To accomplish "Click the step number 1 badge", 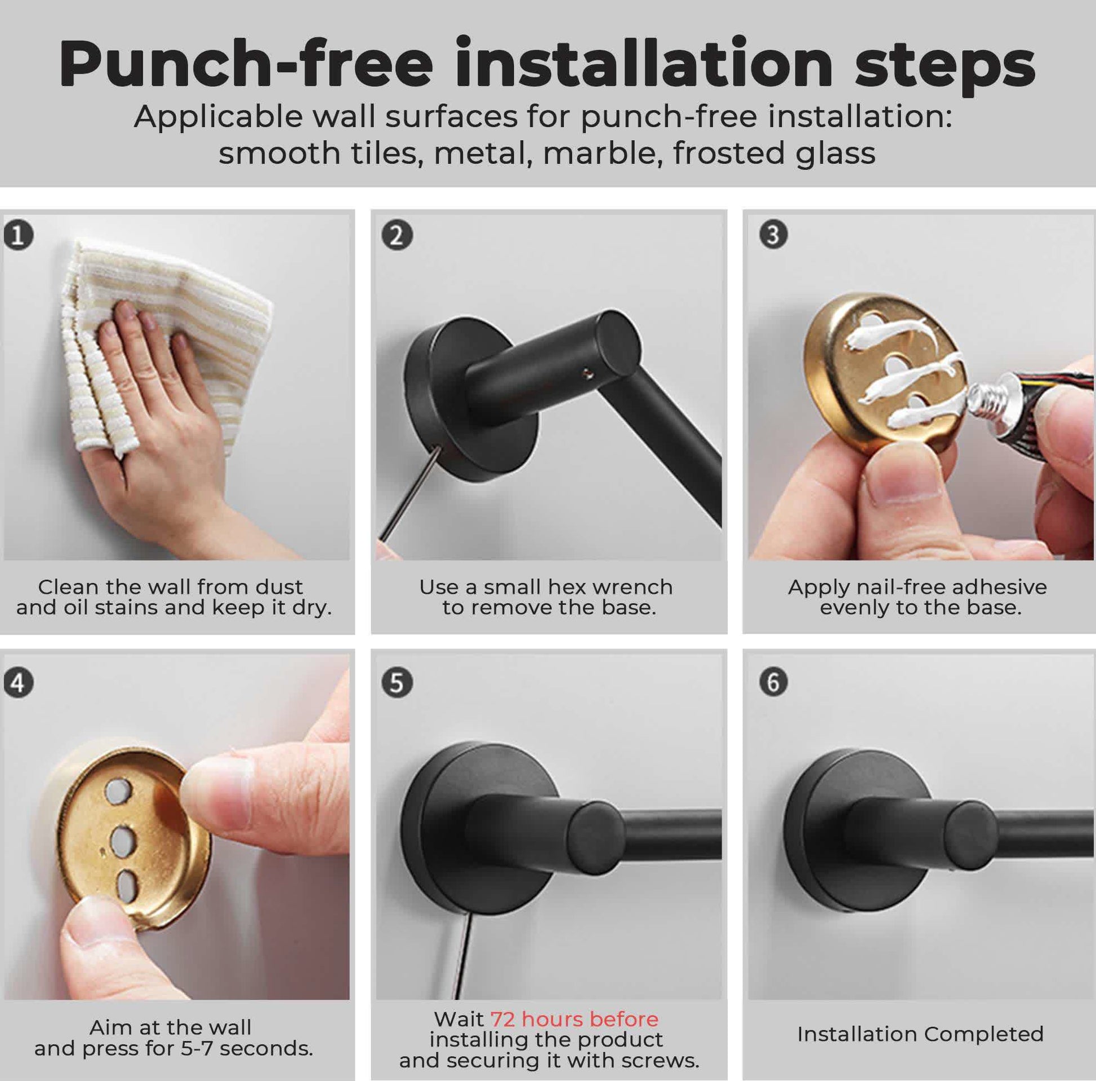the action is (x=18, y=235).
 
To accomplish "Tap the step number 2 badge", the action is (x=396, y=235).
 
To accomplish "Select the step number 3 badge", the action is (x=773, y=234).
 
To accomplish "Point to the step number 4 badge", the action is (x=18, y=683).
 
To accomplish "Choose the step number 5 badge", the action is (x=396, y=682).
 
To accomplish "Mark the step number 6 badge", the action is (x=773, y=682).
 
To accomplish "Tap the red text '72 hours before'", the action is (x=574, y=1019).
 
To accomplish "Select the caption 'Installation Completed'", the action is (x=920, y=1034).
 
